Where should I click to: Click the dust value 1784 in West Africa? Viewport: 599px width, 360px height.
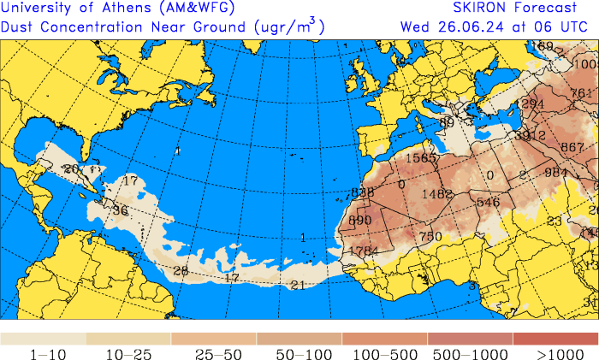pyautogui.click(x=364, y=251)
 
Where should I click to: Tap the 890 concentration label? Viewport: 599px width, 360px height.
pyautogui.click(x=360, y=220)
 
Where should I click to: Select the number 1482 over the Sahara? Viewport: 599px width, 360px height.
pyautogui.click(x=436, y=194)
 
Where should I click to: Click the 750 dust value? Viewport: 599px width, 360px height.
pyautogui.click(x=430, y=236)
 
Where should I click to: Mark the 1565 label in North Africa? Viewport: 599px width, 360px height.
pyautogui.click(x=421, y=157)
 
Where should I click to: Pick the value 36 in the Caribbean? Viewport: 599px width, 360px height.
pyautogui.click(x=120, y=210)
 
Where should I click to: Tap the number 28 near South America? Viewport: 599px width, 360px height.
pyautogui.click(x=181, y=271)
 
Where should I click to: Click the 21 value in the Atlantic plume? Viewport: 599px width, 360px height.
pyautogui.click(x=298, y=285)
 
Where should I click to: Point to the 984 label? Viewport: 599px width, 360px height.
pyautogui.click(x=556, y=173)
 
